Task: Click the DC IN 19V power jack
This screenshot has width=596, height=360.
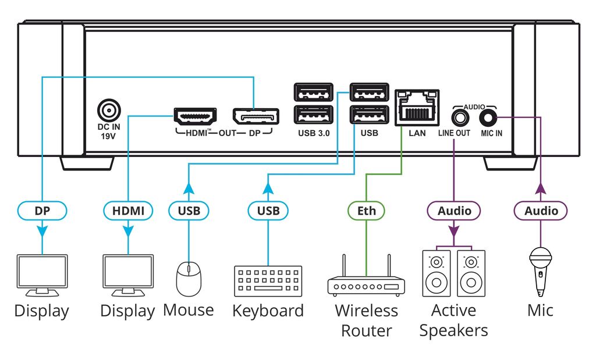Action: [107, 110]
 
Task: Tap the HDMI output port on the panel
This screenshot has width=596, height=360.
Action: [196, 116]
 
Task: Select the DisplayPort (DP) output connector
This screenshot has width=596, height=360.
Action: [256, 116]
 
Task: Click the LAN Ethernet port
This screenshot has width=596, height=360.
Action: [417, 107]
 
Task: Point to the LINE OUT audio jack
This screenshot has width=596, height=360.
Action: [461, 118]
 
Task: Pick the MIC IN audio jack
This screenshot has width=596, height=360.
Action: [488, 118]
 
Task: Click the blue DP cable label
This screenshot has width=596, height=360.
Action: [42, 211]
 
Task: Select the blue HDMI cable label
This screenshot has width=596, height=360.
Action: [128, 211]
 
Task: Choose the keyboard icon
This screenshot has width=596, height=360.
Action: [268, 281]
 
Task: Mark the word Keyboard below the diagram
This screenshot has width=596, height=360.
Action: [268, 311]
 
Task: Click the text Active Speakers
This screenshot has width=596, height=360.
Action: [453, 320]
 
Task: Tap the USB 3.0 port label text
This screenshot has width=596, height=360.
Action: [313, 133]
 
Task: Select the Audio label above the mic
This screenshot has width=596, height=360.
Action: [541, 211]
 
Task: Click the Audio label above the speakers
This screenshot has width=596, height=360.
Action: [455, 211]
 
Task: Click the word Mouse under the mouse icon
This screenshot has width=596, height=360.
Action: [188, 309]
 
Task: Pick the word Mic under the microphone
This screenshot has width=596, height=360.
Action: [540, 310]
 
